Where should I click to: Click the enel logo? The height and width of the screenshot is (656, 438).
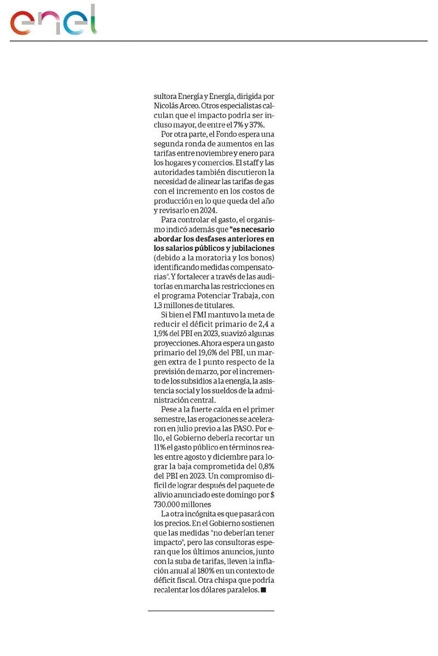tap(53, 21)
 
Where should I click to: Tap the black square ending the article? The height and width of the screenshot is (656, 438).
tap(263, 590)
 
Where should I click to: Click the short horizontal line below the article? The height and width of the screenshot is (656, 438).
tap(211, 611)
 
